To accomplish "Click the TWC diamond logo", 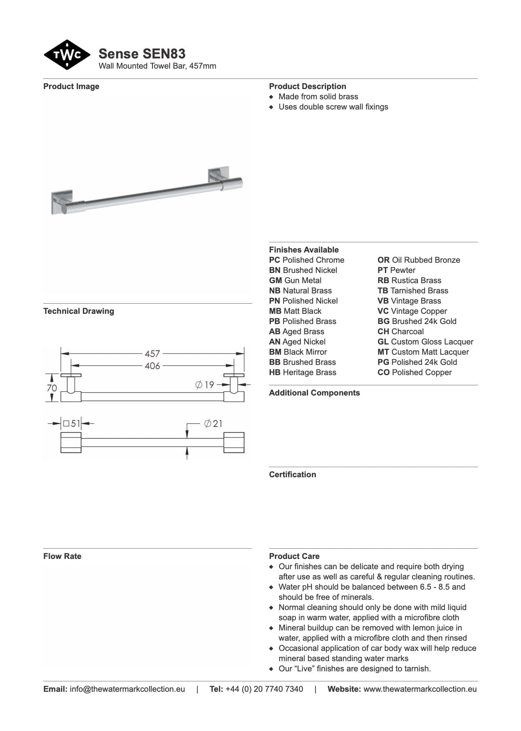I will pos(67,55).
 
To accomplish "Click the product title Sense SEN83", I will pos(142,54).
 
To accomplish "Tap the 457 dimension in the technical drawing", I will pos(152,353).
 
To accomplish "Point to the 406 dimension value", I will pos(152,366).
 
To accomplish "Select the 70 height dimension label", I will pos(51,387).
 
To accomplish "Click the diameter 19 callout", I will pos(205,385).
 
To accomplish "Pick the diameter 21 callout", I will pos(213,424).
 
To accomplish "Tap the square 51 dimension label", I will pos(72,424).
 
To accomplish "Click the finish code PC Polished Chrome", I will pos(306,260).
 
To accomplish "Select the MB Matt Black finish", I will pos(295,311).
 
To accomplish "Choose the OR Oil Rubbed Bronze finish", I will pos(418,260).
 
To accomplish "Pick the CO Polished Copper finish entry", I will pos(414,372).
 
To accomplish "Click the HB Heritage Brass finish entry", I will pos(302,372).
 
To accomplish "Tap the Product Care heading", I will pos(294,556).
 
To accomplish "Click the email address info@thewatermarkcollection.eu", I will pos(127,689).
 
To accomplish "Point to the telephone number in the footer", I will pos(264,689).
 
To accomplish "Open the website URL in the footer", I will pos(420,689).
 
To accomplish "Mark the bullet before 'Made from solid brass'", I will pos(271,97).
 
